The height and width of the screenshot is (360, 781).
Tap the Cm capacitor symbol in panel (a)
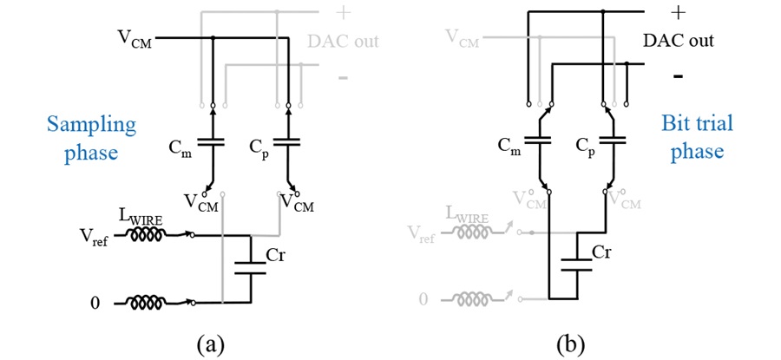212,142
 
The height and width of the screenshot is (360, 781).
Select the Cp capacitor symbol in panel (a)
288,142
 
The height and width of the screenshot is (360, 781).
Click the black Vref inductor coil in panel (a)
148,235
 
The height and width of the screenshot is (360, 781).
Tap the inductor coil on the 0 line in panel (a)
148,303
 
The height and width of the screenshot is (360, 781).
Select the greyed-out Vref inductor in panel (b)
475,232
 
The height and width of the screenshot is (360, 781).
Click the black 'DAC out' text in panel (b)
679,41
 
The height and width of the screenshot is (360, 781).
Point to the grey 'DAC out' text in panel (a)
343,41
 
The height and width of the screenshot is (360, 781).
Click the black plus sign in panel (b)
677,13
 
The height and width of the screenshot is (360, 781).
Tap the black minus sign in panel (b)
678,76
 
